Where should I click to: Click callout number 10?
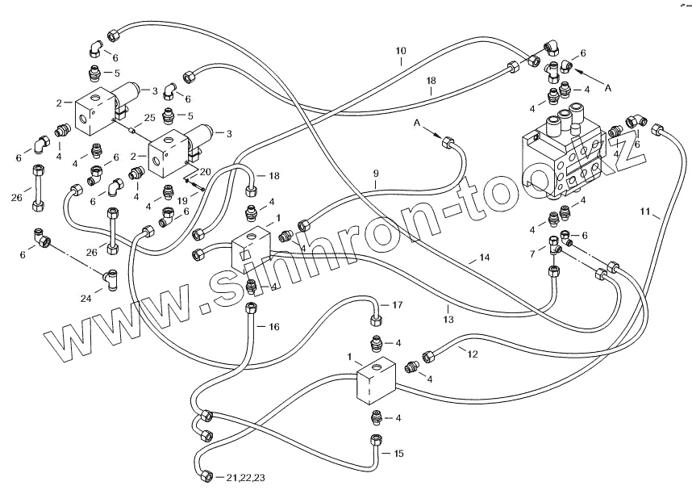click(401, 52)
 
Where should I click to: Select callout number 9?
click(375, 173)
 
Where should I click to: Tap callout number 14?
click(484, 258)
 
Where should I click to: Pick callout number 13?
click(448, 308)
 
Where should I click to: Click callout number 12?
click(473, 354)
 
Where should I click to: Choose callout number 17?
click(396, 305)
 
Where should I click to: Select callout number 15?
click(398, 454)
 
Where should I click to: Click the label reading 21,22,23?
click(246, 478)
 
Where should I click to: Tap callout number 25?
click(148, 118)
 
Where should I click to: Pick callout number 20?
click(204, 172)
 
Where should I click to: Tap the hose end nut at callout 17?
click(375, 306)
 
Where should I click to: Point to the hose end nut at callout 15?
click(375, 441)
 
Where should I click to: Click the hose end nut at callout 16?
click(252, 312)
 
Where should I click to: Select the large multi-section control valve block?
click(562, 157)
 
